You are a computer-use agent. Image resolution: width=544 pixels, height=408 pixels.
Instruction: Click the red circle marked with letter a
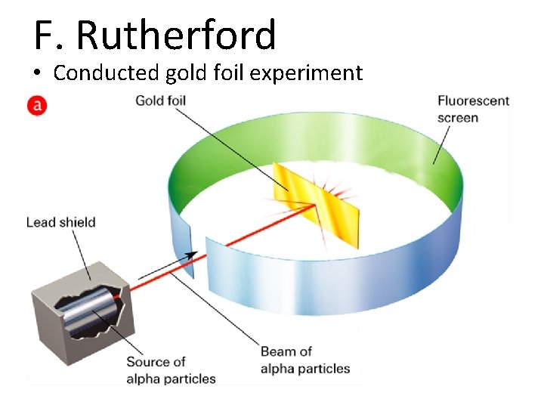click(36, 106)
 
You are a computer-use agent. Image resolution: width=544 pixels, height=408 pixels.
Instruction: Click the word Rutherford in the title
click(177, 35)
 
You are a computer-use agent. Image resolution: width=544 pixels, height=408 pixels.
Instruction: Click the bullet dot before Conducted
click(38, 74)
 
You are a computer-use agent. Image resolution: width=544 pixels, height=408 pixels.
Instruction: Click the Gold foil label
click(160, 100)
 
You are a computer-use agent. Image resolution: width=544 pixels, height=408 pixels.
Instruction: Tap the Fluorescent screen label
click(473, 109)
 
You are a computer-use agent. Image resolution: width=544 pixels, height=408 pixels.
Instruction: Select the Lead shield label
click(60, 222)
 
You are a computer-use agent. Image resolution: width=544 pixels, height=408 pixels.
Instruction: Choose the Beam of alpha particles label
click(305, 360)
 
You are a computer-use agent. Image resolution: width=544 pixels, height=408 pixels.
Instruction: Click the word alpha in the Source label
click(144, 379)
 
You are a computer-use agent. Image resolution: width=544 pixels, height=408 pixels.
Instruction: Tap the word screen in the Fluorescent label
click(458, 117)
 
